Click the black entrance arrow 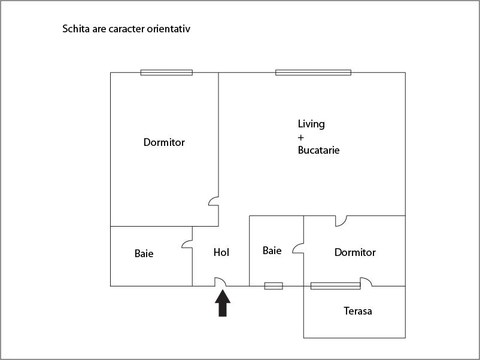tap(223, 303)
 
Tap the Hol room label tap(221, 252)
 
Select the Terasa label tap(358, 311)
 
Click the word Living tap(311, 124)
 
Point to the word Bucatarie tap(318, 150)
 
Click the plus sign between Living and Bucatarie tap(300, 138)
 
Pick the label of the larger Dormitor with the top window tap(164, 142)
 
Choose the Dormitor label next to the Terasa tap(355, 252)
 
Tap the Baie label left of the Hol tap(144, 254)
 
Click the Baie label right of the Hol tap(272, 251)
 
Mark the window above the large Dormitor tap(166, 72)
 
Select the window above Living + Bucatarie tap(313, 72)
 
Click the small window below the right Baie tap(274, 286)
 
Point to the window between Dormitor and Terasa tap(336, 286)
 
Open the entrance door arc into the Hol tap(220, 282)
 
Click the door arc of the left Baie tap(187, 244)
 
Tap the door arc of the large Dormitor tap(214, 202)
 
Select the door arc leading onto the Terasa tap(366, 282)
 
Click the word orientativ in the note tap(169, 29)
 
